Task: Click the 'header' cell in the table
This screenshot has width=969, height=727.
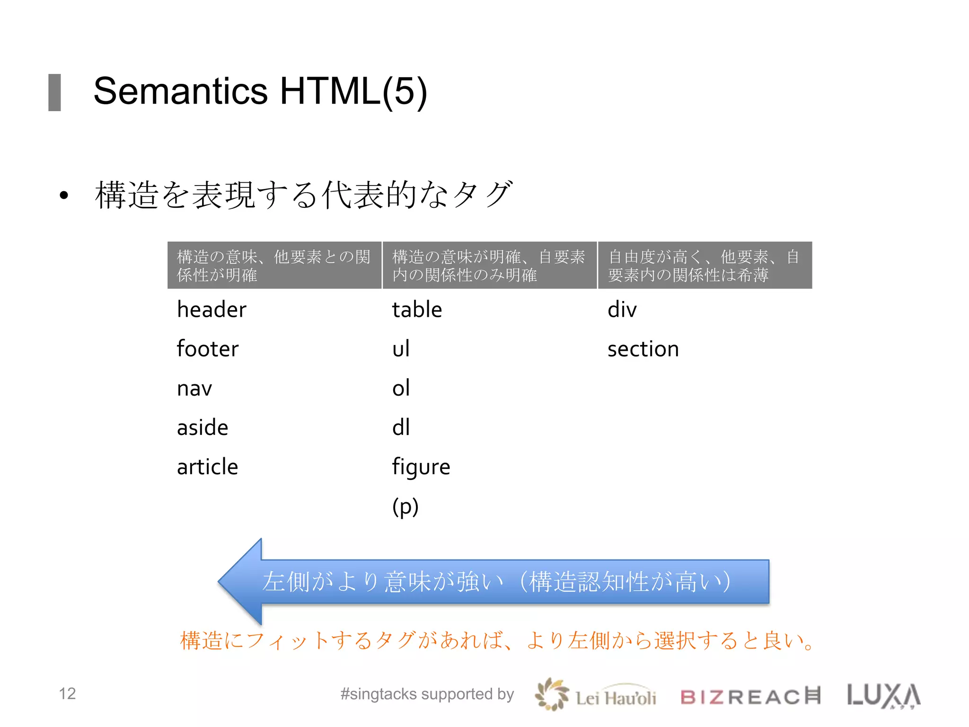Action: (211, 310)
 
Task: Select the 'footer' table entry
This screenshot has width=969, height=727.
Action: (208, 349)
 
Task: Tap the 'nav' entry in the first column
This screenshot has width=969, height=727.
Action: (194, 389)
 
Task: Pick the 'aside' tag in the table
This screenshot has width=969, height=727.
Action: (203, 428)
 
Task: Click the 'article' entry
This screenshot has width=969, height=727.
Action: (207, 467)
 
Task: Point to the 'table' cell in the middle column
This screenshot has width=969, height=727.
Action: (417, 310)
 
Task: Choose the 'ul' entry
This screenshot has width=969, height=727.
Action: (401, 349)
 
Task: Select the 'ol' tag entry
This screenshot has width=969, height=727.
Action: (401, 389)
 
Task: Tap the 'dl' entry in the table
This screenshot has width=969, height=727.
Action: (401, 428)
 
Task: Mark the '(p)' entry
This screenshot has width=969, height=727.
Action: (405, 507)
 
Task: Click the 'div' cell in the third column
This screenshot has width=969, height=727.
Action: (622, 310)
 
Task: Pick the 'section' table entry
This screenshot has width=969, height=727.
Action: (643, 349)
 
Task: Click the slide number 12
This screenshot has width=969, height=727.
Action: (67, 693)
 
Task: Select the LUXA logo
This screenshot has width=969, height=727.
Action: (884, 696)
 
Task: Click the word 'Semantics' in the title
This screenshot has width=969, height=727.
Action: (181, 91)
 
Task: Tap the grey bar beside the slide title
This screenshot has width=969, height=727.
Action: (55, 92)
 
